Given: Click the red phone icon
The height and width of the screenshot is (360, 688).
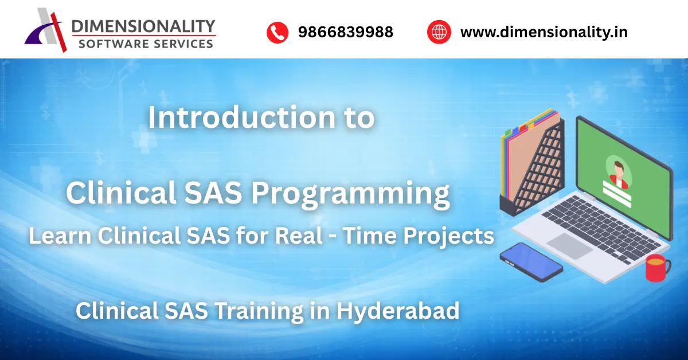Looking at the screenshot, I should pos(277,32).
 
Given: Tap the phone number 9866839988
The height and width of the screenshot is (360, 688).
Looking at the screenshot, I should pos(345,32).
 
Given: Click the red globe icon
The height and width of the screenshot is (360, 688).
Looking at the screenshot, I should pos(439,32).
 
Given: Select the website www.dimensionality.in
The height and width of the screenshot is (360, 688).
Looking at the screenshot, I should pos(544,32).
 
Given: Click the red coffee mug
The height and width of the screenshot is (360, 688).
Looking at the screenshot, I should pos(657,267).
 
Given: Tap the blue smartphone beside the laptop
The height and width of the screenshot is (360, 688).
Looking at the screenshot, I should pos(530,261).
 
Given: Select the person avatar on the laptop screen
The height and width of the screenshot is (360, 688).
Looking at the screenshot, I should pos(618,174).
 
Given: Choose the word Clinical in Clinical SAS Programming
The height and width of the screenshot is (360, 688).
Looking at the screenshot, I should pos(120,193).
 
